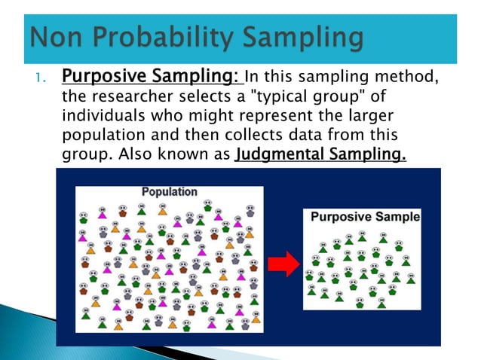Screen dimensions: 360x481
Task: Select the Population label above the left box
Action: click(169, 191)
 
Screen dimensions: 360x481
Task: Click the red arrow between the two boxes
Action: click(284, 262)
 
